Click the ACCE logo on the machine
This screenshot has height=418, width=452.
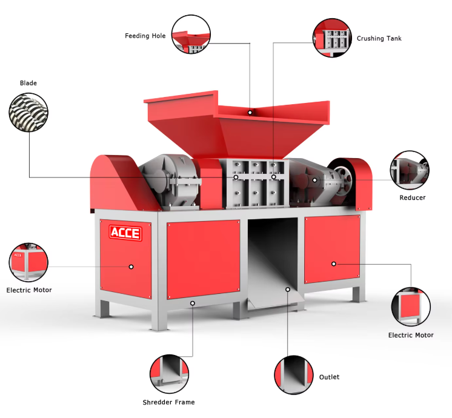click(125, 233)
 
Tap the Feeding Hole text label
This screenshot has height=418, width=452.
click(145, 36)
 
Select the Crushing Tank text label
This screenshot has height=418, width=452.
click(379, 38)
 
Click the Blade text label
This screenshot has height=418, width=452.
click(28, 83)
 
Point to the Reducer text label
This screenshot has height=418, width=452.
click(412, 197)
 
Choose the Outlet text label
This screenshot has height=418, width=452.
click(329, 377)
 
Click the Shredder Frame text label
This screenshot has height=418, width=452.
click(168, 402)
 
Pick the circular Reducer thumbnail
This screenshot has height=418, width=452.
click(410, 170)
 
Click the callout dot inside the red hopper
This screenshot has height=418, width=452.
click(250, 113)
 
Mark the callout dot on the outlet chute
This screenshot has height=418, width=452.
click(287, 290)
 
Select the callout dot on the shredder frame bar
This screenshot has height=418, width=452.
click(193, 302)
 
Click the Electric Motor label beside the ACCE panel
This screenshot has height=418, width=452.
click(29, 290)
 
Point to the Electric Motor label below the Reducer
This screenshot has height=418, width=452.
click(411, 335)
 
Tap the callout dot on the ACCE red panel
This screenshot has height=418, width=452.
click(131, 266)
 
